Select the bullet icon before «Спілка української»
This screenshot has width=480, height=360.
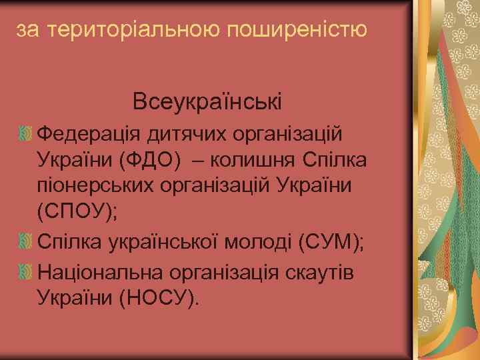point(26,241)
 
